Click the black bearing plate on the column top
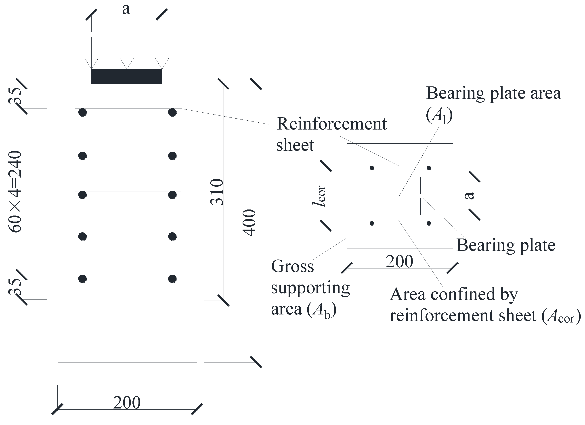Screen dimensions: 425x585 tap(126, 76)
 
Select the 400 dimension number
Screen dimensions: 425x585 tap(249, 223)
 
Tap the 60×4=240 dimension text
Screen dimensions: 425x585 tap(15, 192)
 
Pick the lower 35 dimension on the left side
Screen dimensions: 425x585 tap(15, 287)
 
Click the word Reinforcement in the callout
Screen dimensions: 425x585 tap(331, 124)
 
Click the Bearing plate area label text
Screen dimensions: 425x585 tap(493, 93)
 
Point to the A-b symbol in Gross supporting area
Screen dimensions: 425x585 tap(321, 310)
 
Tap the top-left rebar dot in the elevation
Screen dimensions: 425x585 tap(82, 112)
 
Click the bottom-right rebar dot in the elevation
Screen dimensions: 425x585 tap(172, 279)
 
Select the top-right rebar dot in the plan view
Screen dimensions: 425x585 tap(429, 168)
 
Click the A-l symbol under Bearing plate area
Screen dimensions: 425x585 tap(439, 115)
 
